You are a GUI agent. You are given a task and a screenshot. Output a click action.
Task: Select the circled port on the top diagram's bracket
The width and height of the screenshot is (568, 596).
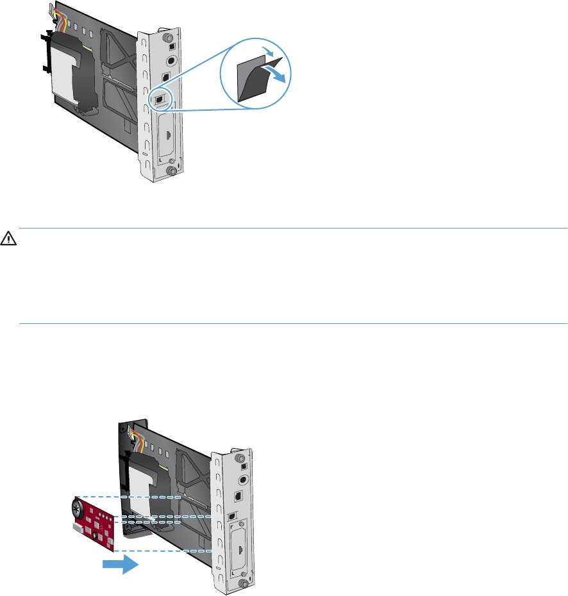[160, 99]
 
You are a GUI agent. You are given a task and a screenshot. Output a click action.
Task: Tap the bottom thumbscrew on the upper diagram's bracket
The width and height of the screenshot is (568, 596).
[171, 172]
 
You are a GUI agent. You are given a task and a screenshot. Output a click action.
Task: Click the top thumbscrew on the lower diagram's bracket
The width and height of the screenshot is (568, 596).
[240, 459]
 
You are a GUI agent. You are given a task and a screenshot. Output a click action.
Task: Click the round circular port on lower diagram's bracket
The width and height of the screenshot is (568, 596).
[242, 479]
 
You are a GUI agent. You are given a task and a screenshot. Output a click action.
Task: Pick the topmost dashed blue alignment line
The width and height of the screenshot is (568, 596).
[128, 497]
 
